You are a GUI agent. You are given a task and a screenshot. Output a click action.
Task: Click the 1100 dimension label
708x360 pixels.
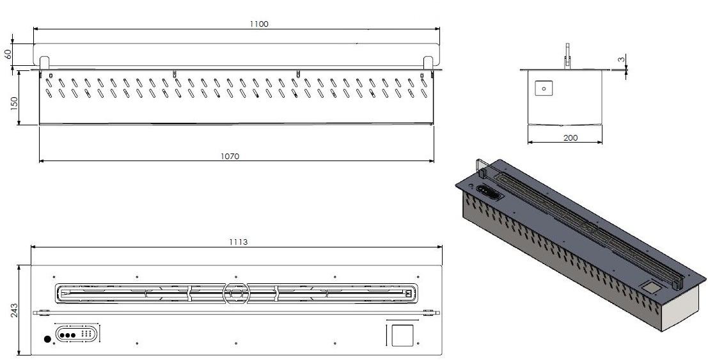coord(259,24)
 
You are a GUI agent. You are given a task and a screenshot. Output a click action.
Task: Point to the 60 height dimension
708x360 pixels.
coord(8,54)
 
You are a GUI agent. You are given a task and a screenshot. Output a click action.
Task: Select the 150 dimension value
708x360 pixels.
coord(14,104)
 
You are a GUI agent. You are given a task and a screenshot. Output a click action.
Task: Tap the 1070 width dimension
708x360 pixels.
coord(230,156)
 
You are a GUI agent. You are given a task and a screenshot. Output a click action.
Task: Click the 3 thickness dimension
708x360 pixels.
coord(622,59)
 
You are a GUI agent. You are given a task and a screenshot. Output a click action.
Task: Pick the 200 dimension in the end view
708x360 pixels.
coord(570,137)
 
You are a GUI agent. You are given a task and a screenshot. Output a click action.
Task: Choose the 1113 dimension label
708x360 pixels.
coord(238,242)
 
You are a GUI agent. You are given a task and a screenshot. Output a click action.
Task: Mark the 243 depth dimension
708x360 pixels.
coord(14,310)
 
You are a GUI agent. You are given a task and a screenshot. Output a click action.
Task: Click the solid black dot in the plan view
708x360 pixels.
coord(47,339)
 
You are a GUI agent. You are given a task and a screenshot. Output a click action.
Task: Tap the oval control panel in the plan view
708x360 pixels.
coord(76,334)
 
